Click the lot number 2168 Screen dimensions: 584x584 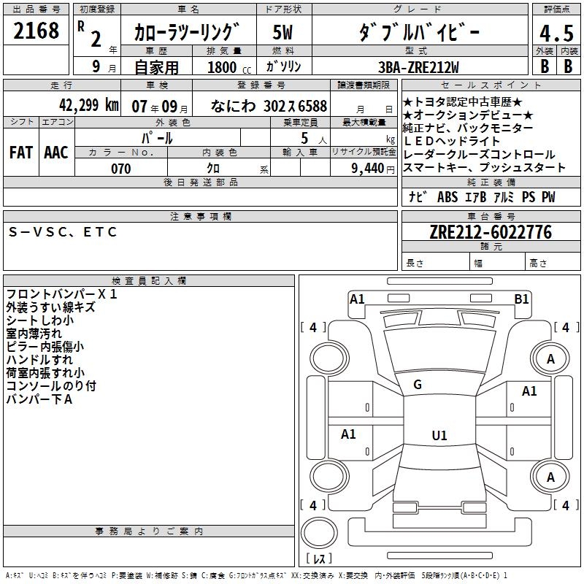click(36, 31)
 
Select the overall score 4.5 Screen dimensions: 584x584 click(556, 34)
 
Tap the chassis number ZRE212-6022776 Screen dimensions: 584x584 click(491, 232)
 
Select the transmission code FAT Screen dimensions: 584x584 click(21, 152)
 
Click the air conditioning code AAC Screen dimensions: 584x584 click(55, 152)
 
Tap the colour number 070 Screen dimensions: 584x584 click(120, 169)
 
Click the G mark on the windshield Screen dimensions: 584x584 click(418, 385)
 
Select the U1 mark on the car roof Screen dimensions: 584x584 click(439, 436)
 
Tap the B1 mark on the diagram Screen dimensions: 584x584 click(521, 299)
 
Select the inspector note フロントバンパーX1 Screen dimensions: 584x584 click(61, 294)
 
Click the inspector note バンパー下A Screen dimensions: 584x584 click(39, 399)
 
